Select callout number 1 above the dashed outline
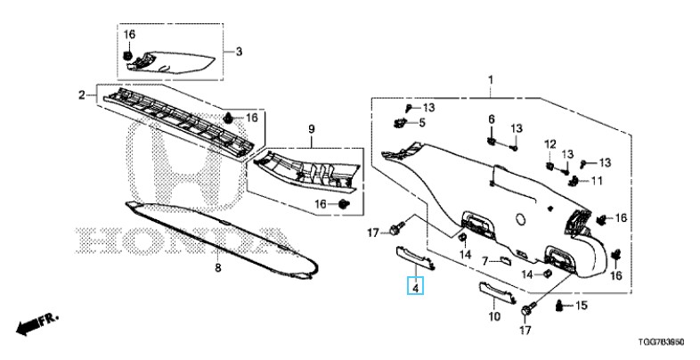[x=489, y=82]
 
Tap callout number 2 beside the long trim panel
[x=82, y=94]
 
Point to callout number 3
[x=239, y=52]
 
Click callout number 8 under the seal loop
[x=217, y=267]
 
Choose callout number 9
[x=312, y=130]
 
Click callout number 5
[x=422, y=122]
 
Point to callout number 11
[x=596, y=181]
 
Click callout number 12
[x=549, y=144]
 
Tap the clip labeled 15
[x=559, y=307]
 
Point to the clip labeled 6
[x=491, y=138]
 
